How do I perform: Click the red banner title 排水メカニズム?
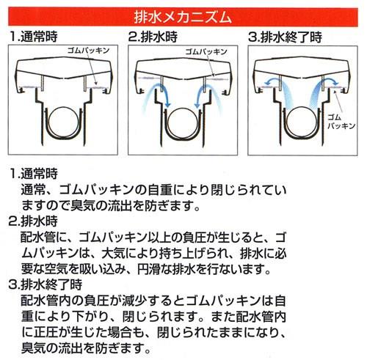(x=183, y=17)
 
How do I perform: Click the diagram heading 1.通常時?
(x=34, y=37)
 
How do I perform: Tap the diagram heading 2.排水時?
(x=153, y=37)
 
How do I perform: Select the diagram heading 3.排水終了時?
(x=285, y=37)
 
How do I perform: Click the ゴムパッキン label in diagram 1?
(x=88, y=51)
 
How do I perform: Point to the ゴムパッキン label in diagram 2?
(x=206, y=51)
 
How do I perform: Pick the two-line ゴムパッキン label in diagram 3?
(x=341, y=122)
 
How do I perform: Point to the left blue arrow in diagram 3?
(x=272, y=80)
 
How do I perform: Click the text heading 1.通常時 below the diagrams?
(x=34, y=173)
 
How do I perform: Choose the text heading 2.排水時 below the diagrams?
(x=34, y=221)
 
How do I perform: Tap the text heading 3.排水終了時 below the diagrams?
(x=46, y=284)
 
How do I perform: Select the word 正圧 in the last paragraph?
(x=46, y=332)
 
